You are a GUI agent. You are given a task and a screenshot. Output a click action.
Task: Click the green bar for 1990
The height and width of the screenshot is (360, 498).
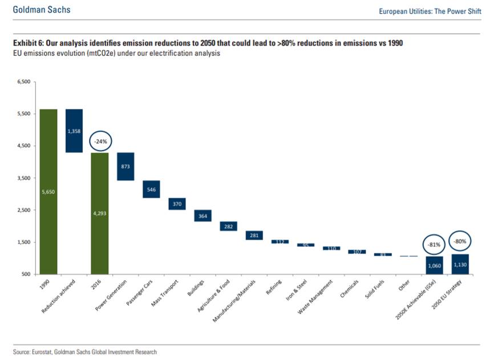point(48,192)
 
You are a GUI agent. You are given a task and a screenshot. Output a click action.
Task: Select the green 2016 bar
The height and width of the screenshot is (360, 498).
point(100,213)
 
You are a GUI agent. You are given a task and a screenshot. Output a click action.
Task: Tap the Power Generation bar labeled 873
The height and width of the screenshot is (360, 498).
point(125,167)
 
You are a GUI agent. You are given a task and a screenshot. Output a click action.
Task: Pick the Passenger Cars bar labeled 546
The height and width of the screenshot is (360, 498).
point(151,189)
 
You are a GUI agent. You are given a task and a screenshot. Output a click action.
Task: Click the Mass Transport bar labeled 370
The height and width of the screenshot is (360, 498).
point(177,204)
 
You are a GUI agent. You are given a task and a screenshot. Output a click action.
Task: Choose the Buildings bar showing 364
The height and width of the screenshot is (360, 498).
point(203,216)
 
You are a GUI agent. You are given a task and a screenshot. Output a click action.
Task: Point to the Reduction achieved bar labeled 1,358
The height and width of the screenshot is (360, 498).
point(74,131)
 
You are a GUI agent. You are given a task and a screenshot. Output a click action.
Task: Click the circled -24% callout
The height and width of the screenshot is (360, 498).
point(100,140)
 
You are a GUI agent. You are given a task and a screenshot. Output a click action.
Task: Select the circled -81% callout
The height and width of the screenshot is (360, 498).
point(434,245)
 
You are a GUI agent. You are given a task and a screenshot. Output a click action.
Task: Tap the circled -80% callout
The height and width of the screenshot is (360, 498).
point(460,241)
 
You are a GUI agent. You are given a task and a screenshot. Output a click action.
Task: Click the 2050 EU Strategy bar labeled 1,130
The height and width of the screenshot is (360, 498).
point(460,264)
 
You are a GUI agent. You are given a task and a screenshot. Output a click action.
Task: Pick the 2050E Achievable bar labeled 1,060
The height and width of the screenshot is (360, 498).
point(434,265)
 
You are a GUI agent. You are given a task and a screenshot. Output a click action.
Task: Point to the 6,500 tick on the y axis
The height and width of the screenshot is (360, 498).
point(23,82)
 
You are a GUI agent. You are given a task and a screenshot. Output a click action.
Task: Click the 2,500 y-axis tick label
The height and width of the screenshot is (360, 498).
point(23,211)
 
